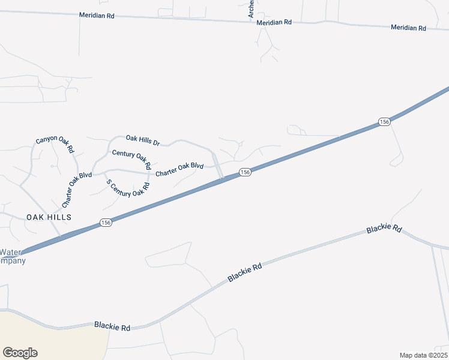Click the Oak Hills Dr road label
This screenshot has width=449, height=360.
142,141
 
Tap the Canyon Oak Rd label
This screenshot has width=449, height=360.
55,145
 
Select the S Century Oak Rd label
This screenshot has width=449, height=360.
127,188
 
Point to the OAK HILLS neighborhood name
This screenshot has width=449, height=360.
49,217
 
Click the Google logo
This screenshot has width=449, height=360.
20,353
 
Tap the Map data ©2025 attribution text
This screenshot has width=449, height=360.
423,355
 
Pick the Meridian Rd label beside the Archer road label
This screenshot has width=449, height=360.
273,22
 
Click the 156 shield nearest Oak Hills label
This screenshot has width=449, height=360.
106,222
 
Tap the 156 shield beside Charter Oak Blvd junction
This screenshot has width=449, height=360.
244,172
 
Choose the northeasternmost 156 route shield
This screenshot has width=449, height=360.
385,122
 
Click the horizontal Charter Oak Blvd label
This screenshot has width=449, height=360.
179,170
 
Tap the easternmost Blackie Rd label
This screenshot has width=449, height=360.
384,228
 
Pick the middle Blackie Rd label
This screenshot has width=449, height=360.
245,272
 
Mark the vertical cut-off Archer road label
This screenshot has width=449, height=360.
252,8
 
